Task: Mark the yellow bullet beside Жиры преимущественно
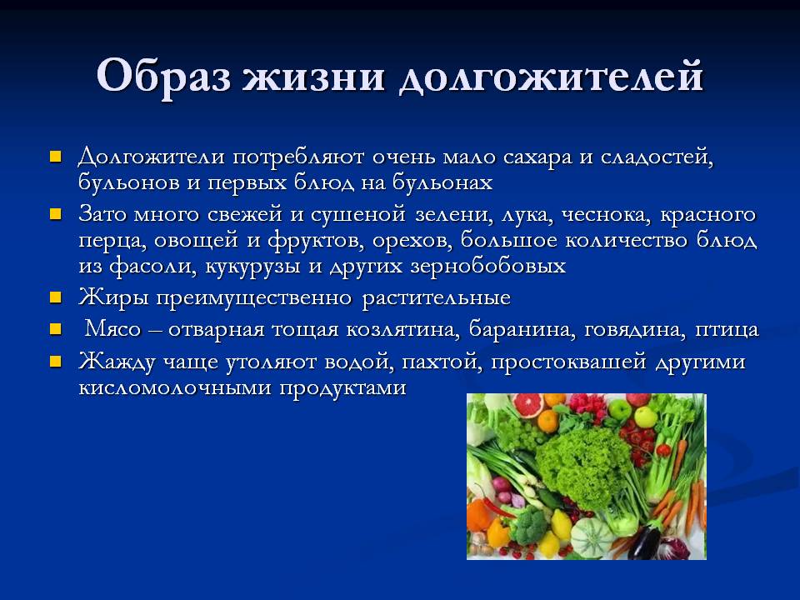tap(56, 297)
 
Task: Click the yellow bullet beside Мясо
tap(56, 328)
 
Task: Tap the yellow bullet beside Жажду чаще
tap(56, 362)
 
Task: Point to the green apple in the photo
tap(646, 415)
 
